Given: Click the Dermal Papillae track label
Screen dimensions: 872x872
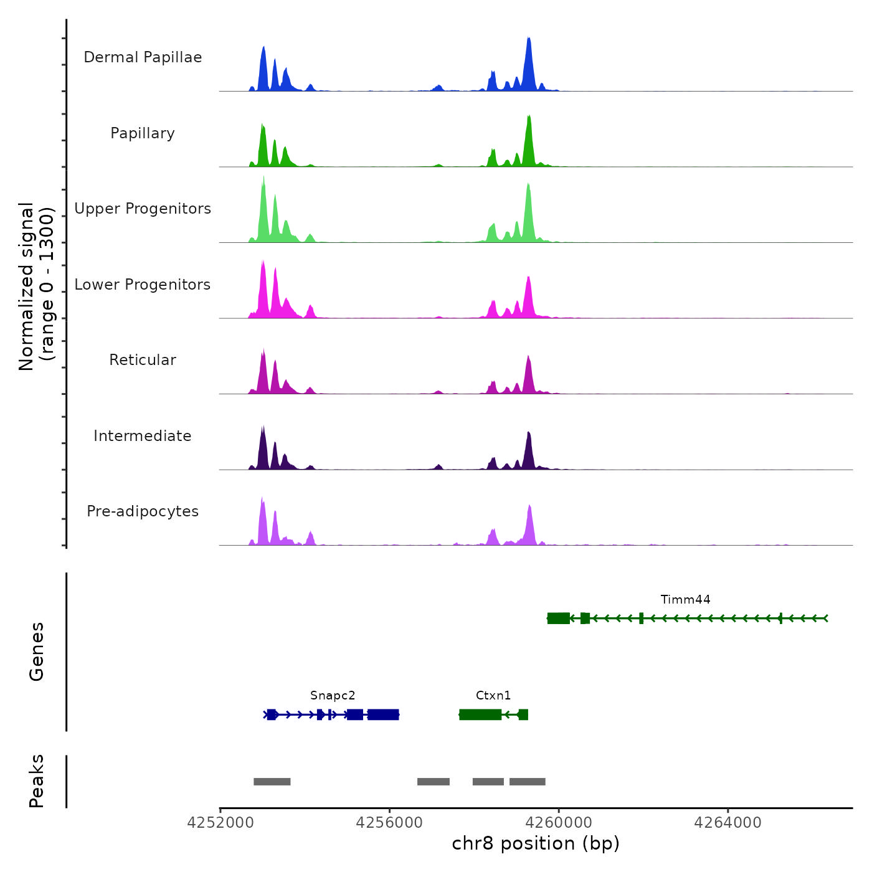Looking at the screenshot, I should (143, 57).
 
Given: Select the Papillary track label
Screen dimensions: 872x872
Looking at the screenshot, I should (143, 133).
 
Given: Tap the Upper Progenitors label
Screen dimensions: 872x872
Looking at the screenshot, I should (143, 209).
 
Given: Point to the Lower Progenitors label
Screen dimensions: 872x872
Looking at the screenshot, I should (143, 285).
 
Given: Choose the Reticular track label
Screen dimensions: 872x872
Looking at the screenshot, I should (143, 360).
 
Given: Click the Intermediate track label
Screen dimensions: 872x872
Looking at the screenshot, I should (143, 436).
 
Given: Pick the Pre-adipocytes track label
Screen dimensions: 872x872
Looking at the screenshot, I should (143, 511).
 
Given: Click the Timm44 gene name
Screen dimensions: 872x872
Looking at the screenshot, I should (685, 600).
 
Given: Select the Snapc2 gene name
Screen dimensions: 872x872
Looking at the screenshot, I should (333, 696).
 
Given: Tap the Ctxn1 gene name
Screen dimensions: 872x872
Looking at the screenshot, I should (493, 696).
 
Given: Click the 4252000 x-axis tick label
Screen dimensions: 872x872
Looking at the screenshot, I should (220, 823).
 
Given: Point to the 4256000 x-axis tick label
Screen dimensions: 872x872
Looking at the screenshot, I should (389, 823).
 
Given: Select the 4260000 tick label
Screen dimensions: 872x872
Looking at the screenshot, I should (559, 823).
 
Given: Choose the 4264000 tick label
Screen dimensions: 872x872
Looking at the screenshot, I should (727, 823).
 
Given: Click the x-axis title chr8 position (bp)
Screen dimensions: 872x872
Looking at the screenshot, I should (536, 843).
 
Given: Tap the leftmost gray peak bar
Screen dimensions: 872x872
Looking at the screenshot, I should (272, 782).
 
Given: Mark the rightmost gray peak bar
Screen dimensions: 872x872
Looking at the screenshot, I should (528, 782).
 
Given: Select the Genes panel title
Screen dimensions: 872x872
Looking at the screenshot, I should (37, 652).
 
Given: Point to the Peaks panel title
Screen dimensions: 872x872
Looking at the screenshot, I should (37, 781).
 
